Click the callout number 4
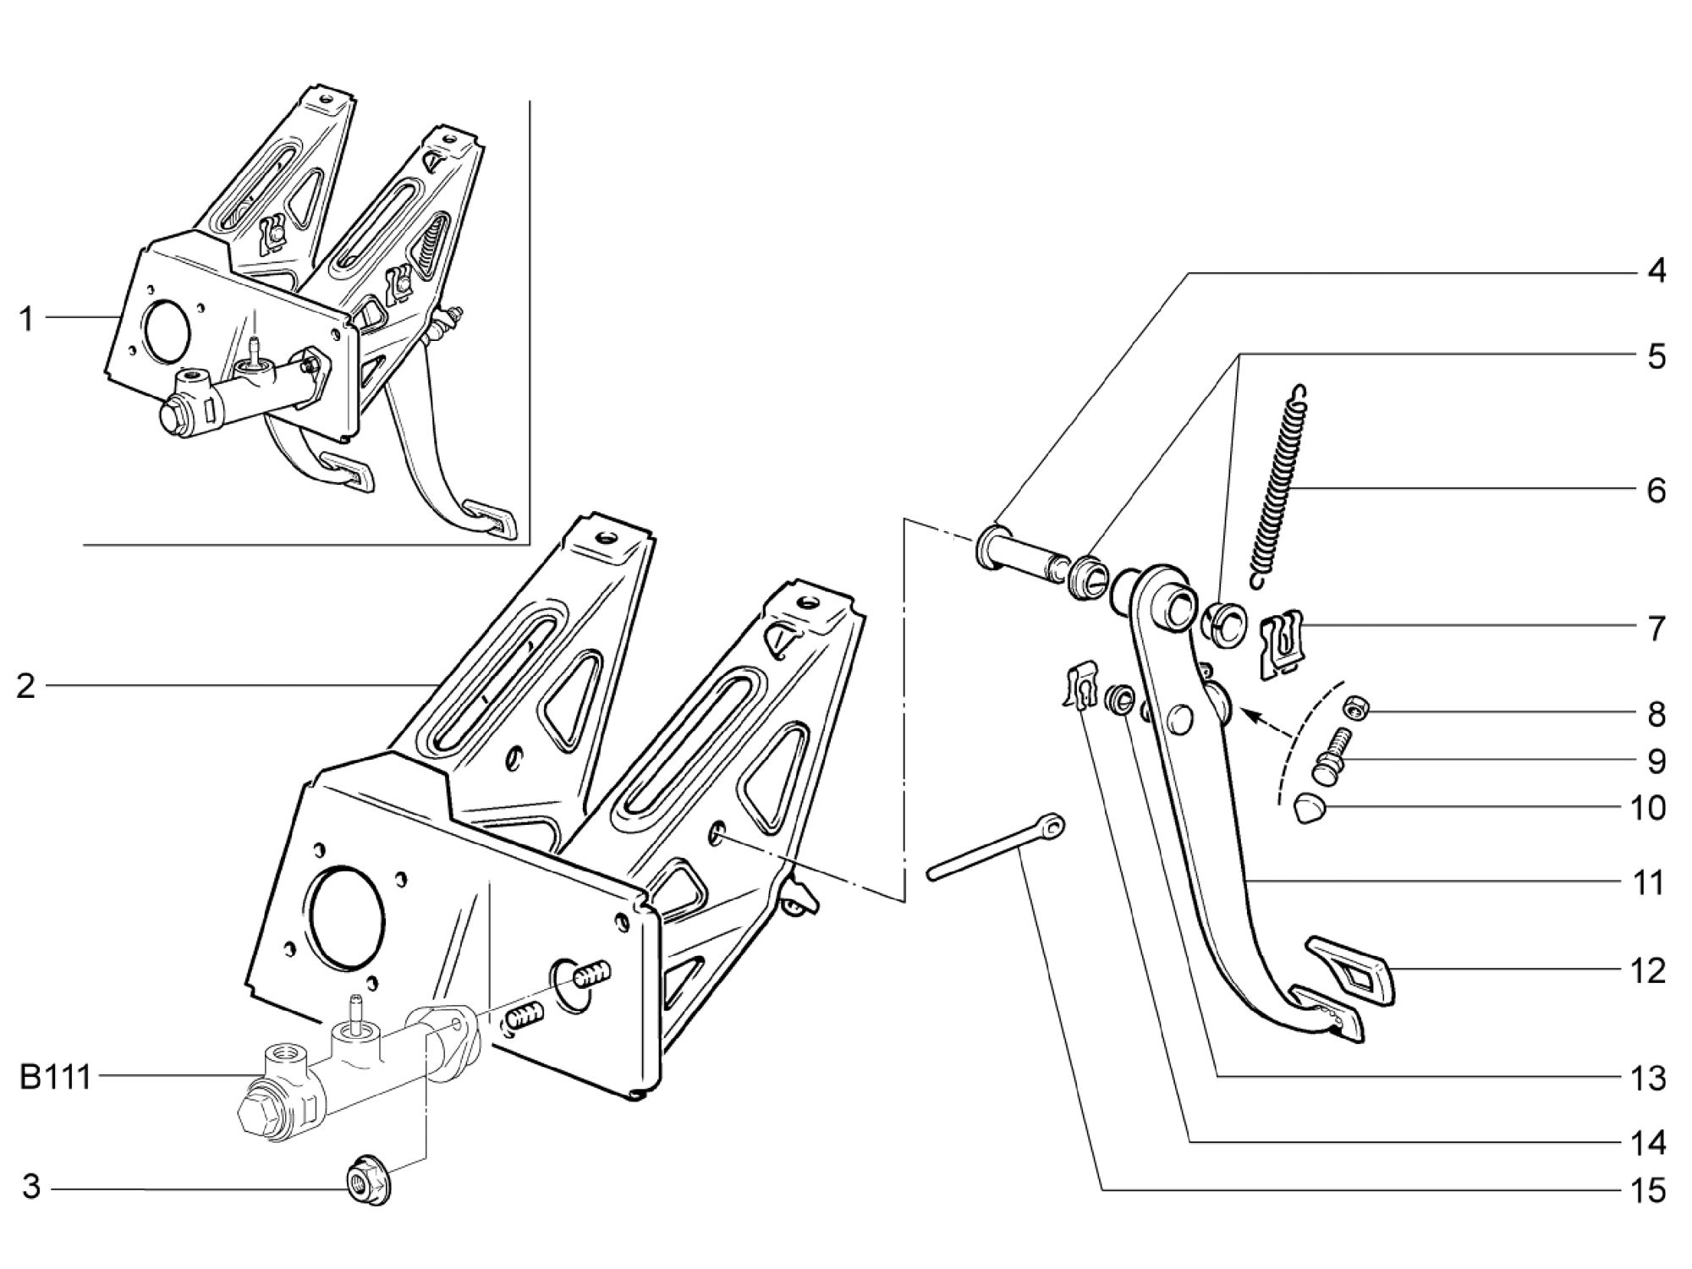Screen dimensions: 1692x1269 point(1656,272)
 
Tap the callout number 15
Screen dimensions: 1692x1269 point(1647,1190)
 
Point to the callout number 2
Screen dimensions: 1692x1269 point(26,686)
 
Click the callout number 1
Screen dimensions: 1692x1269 point(26,319)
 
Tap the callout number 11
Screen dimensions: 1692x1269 point(1647,882)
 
